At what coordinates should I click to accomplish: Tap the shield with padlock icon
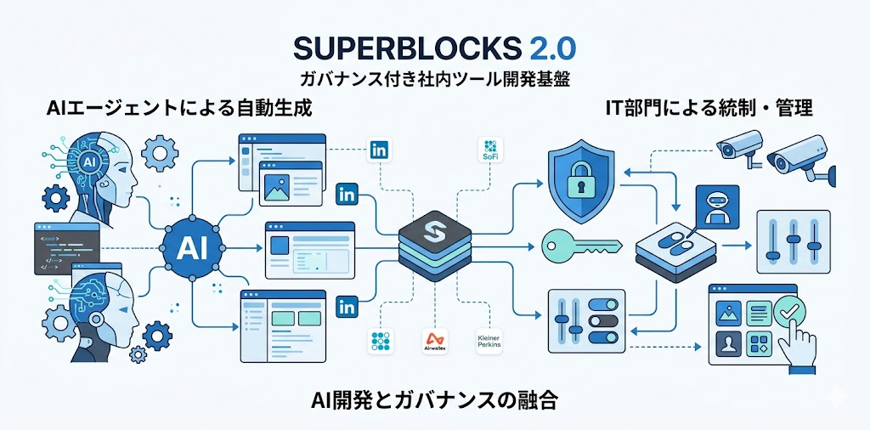click(580, 180)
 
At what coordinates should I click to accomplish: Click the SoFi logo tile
click(490, 150)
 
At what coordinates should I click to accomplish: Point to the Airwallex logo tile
click(434, 342)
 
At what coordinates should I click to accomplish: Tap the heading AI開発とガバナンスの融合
click(433, 400)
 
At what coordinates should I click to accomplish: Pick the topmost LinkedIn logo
click(378, 151)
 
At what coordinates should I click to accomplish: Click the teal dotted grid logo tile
click(378, 342)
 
